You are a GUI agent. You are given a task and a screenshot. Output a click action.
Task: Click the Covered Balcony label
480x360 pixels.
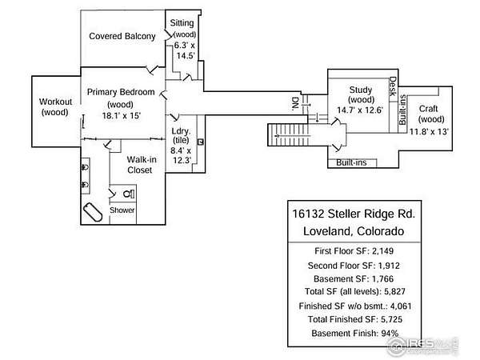point(122,36)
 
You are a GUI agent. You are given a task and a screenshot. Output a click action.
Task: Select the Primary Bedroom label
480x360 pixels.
point(121,92)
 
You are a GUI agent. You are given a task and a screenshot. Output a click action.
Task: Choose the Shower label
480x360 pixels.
point(122,210)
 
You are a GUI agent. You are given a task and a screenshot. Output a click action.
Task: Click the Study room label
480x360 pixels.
point(362,90)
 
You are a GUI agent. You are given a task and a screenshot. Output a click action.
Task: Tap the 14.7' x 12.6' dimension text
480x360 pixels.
point(361,110)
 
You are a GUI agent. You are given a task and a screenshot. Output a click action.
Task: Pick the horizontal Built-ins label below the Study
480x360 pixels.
point(351,162)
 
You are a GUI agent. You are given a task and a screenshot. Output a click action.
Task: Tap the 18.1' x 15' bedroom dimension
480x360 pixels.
point(122,115)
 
